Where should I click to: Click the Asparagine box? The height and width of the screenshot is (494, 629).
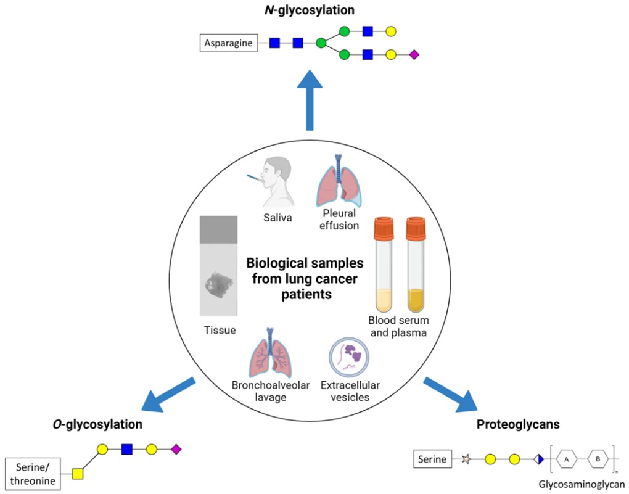[228, 43]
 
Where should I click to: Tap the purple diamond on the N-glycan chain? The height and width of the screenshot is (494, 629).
[414, 55]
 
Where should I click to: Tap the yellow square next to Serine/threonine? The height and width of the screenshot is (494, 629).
[78, 474]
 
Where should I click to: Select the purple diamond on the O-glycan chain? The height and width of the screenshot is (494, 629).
[176, 448]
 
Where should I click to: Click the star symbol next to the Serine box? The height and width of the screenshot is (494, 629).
[466, 459]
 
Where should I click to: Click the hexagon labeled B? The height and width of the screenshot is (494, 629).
[598, 459]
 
